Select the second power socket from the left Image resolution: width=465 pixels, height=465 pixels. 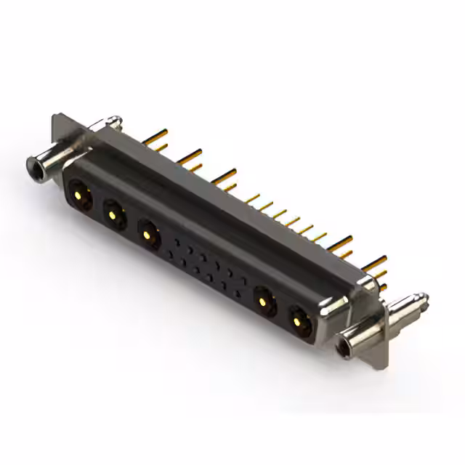[x=113, y=214]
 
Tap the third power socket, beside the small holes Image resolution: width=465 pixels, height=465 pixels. [x=148, y=235]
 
